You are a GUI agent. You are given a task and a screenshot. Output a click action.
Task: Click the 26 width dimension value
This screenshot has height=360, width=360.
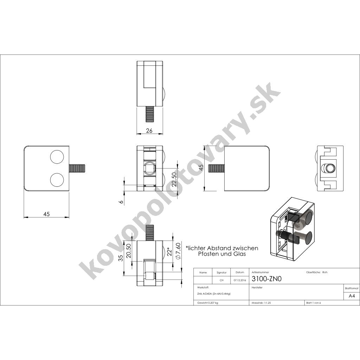(x=149, y=131)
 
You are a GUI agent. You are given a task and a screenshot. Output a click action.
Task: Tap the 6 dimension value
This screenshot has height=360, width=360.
(x=121, y=202)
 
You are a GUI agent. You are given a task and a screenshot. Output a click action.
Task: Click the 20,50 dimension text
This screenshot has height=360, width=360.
(x=128, y=251)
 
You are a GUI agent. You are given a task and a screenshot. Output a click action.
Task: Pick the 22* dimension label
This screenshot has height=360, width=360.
(x=169, y=251)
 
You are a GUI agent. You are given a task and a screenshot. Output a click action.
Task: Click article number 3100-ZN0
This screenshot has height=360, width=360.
(x=266, y=278)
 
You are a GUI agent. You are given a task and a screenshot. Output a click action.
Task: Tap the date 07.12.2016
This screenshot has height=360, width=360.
(x=240, y=280)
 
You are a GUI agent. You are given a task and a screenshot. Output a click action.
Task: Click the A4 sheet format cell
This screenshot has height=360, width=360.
(x=352, y=296)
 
